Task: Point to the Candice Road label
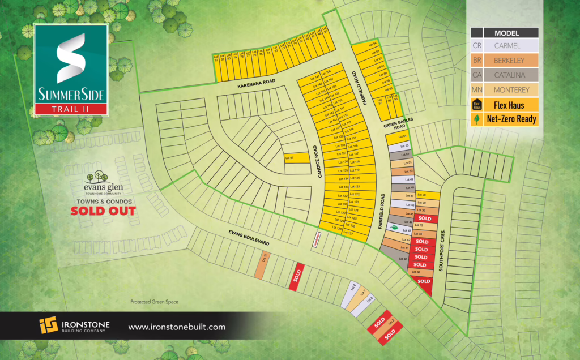319,162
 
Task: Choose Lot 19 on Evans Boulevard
263,264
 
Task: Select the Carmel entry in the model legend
504,45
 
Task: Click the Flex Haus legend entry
504,105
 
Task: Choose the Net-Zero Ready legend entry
504,119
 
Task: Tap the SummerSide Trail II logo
71,70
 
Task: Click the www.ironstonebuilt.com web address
177,327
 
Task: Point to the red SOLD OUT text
103,211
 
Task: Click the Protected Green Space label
154,302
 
